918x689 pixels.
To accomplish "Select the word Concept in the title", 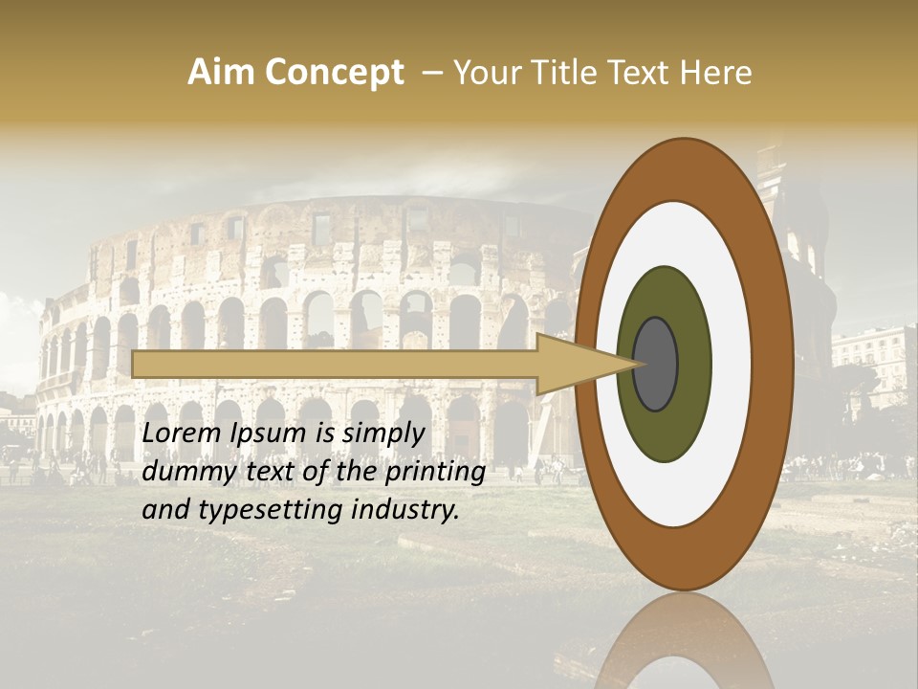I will [x=334, y=73].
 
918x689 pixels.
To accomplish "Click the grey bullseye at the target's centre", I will [x=655, y=364].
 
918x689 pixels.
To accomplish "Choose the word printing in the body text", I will [x=434, y=473].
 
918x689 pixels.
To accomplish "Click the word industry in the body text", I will [x=405, y=510].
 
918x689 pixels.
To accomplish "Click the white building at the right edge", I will [x=875, y=359].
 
